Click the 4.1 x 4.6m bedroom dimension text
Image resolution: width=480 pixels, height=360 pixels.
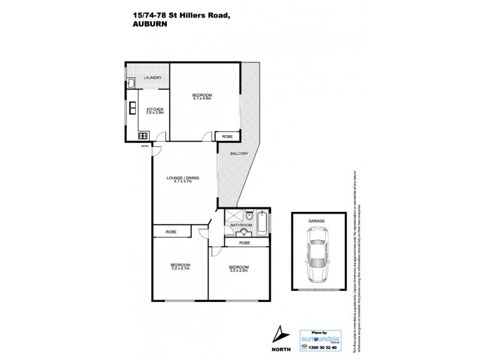pyautogui.click(x=202, y=98)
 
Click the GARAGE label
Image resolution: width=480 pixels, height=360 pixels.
pyautogui.click(x=317, y=221)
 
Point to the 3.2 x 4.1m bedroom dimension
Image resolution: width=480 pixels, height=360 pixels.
pyautogui.click(x=180, y=269)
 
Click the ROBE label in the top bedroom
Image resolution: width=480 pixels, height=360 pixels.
pyautogui.click(x=227, y=136)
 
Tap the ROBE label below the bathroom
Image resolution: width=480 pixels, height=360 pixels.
pyautogui.click(x=245, y=242)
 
